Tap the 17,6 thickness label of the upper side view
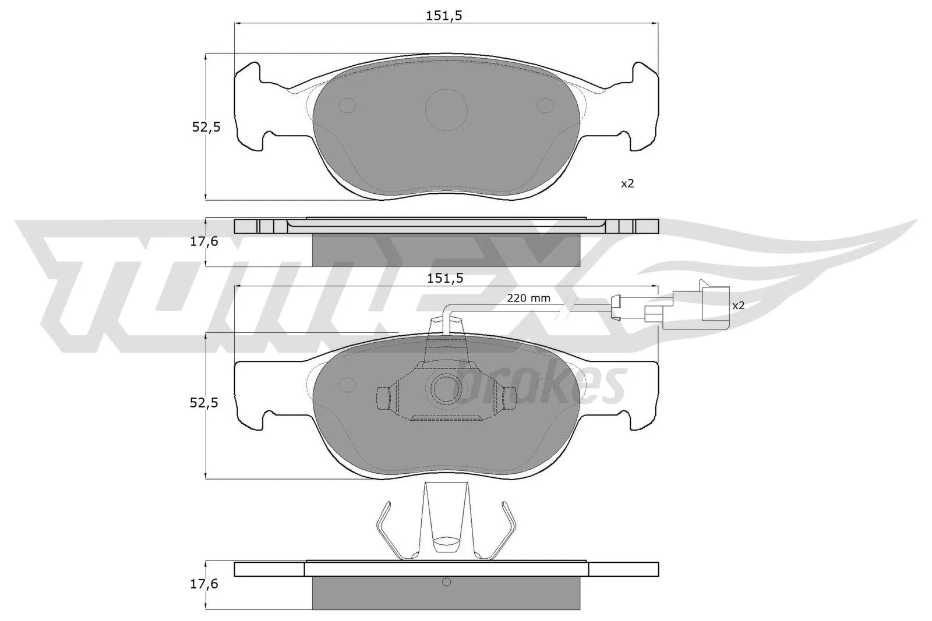point(204,241)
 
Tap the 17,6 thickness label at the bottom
point(204,584)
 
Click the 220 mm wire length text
point(528,298)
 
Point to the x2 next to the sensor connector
point(738,305)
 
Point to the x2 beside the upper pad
point(627,184)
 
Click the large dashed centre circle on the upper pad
point(446,109)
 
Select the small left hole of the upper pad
point(347,105)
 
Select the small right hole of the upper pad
point(546,105)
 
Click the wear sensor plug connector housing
point(715,303)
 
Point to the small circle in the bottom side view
point(447,582)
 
